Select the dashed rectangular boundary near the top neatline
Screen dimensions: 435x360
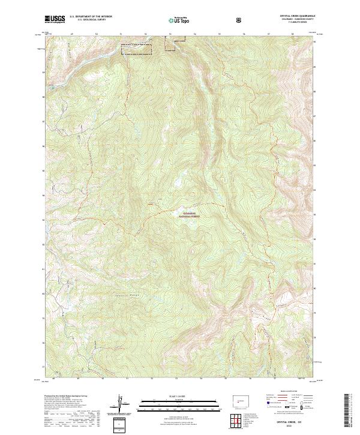click(x=140, y=49)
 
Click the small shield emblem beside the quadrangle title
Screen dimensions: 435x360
click(x=239, y=20)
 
